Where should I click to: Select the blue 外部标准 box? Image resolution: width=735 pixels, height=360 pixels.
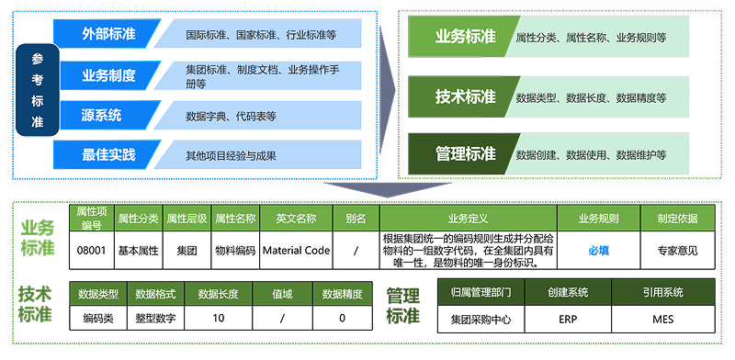pos(103,34)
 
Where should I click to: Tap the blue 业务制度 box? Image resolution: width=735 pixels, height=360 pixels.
pos(103,75)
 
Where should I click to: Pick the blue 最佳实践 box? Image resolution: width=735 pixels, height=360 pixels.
pos(103,155)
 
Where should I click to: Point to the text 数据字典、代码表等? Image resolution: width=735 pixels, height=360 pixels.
pos(231,117)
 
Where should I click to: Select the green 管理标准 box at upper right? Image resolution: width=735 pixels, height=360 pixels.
pos(465,154)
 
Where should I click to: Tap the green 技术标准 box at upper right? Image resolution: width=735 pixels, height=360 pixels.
pos(465,97)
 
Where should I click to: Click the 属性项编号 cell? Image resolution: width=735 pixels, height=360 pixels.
pos(91,218)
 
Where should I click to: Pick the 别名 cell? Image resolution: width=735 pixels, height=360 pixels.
pos(356,219)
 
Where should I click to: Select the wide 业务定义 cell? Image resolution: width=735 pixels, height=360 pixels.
pos(468,219)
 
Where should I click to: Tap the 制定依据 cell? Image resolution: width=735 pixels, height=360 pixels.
pos(677,219)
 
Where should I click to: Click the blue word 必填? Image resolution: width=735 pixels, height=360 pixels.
pos(599,250)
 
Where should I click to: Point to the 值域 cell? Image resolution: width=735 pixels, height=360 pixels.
pos(282,294)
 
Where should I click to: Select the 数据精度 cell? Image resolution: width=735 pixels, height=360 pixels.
pos(343,294)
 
